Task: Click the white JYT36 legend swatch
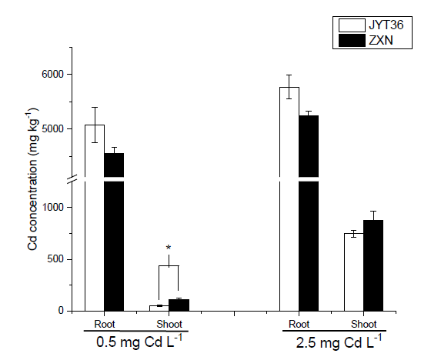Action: (x=352, y=25)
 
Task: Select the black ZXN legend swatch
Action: (x=352, y=41)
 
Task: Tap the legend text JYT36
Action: (x=386, y=25)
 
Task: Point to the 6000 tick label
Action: (x=52, y=74)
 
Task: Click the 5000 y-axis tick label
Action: (x=52, y=128)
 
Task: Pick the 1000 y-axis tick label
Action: (x=52, y=207)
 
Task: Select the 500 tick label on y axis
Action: (x=55, y=259)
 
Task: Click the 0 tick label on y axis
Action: (x=61, y=311)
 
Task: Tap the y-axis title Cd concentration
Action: (x=32, y=179)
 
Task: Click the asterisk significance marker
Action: (x=169, y=248)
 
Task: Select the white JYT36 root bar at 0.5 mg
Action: (x=95, y=218)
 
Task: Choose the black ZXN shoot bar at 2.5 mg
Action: (x=373, y=265)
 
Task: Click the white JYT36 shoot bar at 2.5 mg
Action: (x=354, y=272)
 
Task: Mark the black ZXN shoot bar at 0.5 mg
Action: (x=179, y=305)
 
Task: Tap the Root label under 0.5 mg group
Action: (x=105, y=325)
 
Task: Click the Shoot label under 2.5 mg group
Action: (x=363, y=325)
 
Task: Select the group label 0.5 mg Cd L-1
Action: (x=139, y=342)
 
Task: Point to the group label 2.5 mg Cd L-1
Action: (x=339, y=342)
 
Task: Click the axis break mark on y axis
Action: (x=72, y=179)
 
